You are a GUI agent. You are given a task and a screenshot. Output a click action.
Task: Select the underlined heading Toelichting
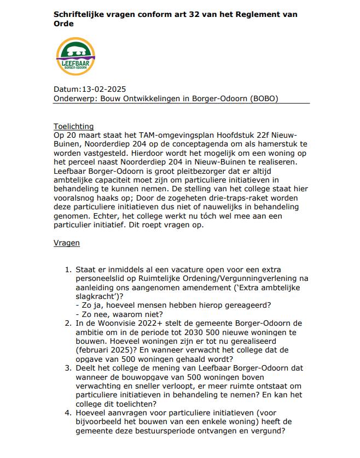[74, 126]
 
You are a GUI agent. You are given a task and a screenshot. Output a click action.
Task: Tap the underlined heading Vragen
[67, 242]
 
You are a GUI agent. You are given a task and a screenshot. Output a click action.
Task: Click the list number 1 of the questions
[68, 270]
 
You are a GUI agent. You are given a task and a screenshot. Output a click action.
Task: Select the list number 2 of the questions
[68, 323]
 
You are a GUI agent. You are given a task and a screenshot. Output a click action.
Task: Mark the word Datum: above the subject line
[67, 90]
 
